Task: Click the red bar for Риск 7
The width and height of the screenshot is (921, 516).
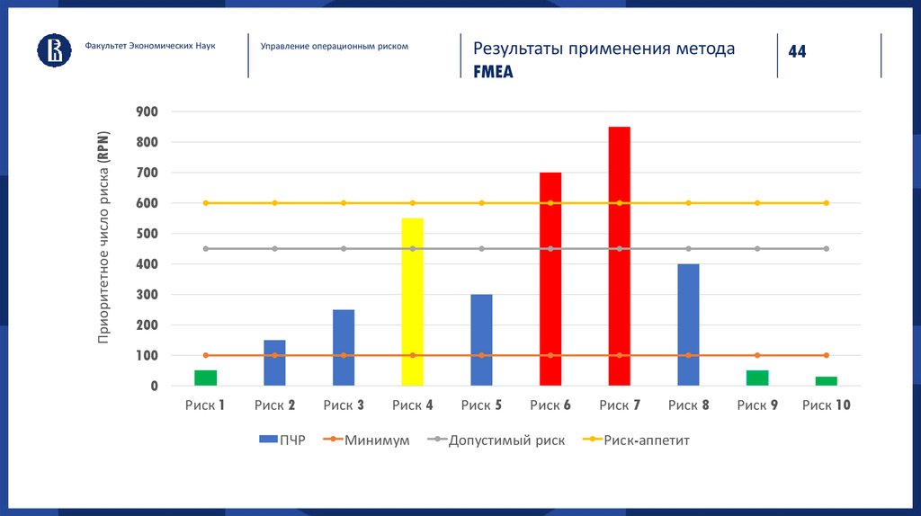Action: pyautogui.click(x=619, y=256)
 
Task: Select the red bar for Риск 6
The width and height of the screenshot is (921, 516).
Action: pyautogui.click(x=550, y=279)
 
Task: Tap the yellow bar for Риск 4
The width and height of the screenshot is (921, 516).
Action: pyautogui.click(x=413, y=302)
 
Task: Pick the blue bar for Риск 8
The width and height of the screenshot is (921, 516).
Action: pyautogui.click(x=688, y=325)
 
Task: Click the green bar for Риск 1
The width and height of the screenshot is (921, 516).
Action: pyautogui.click(x=206, y=378)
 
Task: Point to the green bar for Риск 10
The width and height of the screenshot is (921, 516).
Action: pyautogui.click(x=826, y=381)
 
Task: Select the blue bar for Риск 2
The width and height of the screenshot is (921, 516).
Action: pyautogui.click(x=274, y=362)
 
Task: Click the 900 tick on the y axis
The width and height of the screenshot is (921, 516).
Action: pyautogui.click(x=147, y=111)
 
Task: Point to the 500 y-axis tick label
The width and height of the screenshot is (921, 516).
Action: pyautogui.click(x=147, y=234)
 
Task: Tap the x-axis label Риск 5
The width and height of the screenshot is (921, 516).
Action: pyautogui.click(x=481, y=405)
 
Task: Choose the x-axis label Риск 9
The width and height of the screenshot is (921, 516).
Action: pyautogui.click(x=757, y=405)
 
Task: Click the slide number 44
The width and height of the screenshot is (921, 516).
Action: pyautogui.click(x=797, y=52)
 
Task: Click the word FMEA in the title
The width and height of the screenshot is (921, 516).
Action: pyautogui.click(x=493, y=73)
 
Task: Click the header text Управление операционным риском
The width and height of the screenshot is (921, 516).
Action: pyautogui.click(x=334, y=46)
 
